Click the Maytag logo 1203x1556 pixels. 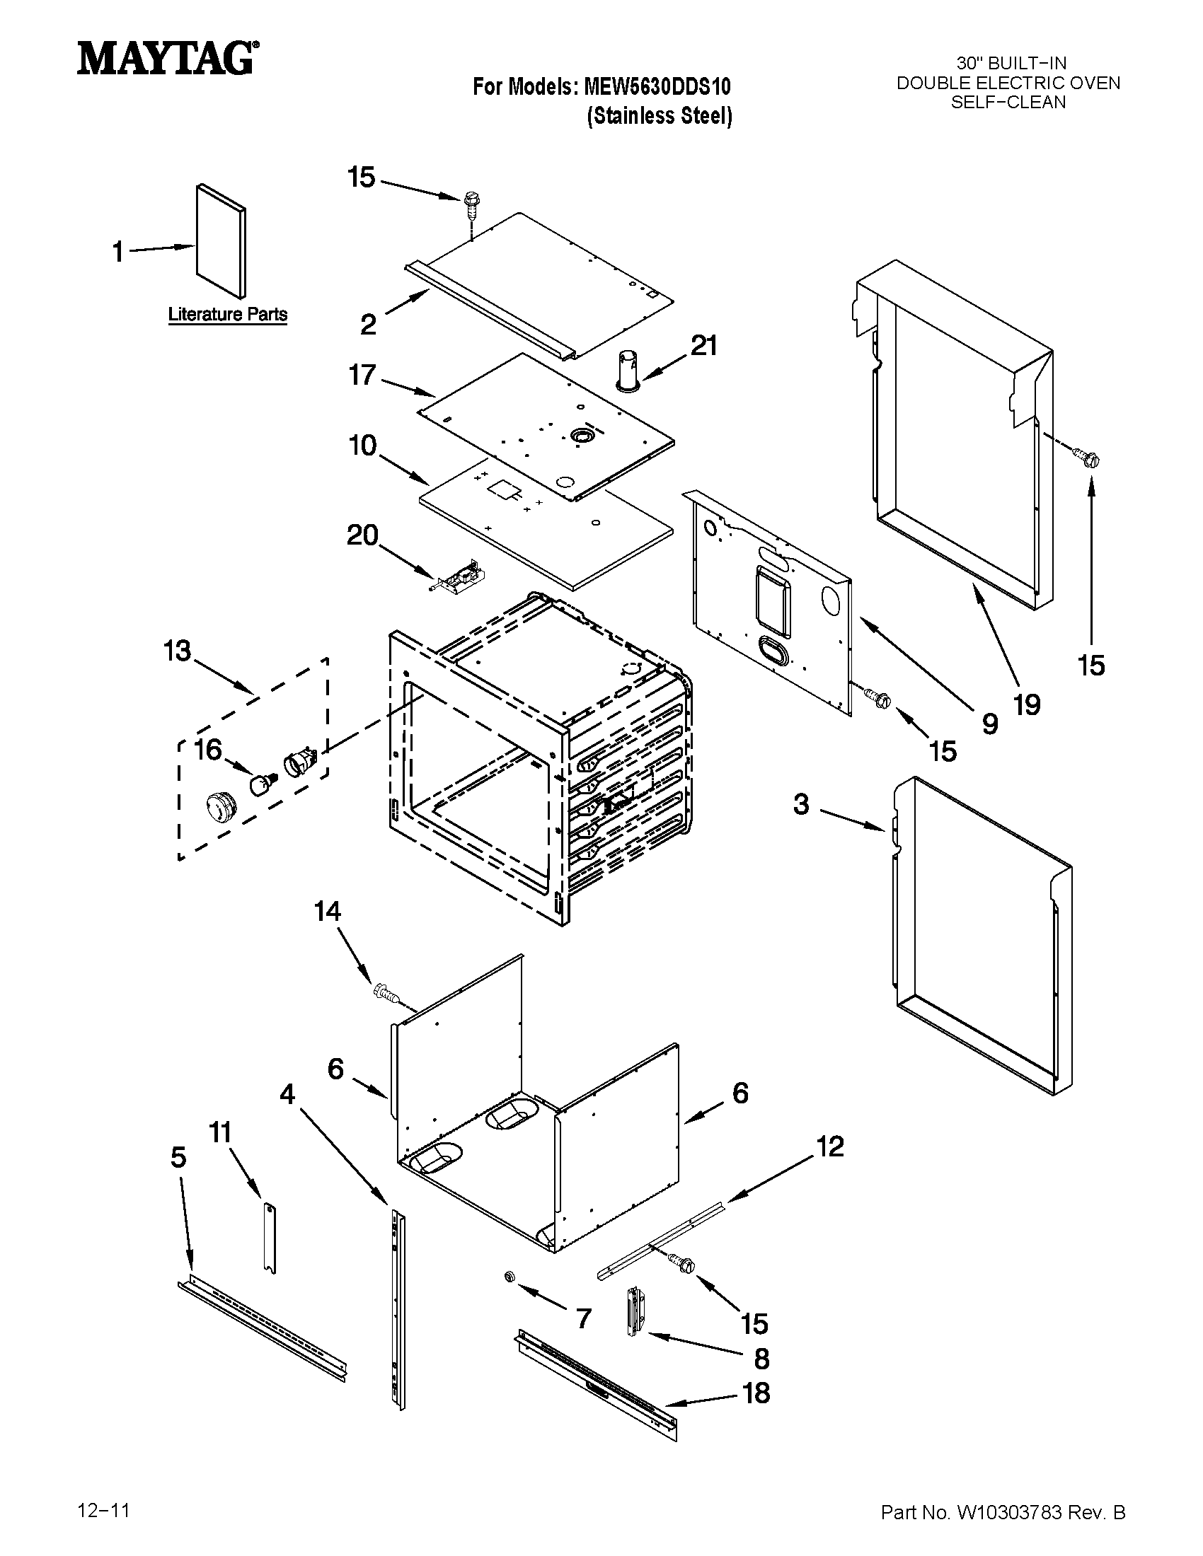[x=166, y=58]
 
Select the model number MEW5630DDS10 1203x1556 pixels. [x=657, y=87]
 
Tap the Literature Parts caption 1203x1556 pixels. [x=227, y=314]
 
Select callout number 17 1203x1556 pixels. [x=362, y=374]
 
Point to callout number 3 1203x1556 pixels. [x=801, y=804]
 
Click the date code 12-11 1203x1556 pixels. [x=103, y=1508]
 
